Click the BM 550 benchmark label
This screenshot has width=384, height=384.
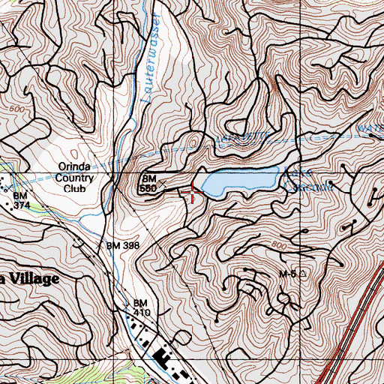click(x=148, y=182)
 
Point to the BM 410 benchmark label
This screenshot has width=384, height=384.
click(x=142, y=307)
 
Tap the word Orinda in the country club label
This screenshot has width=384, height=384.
click(x=73, y=167)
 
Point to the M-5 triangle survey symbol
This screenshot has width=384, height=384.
click(x=303, y=274)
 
